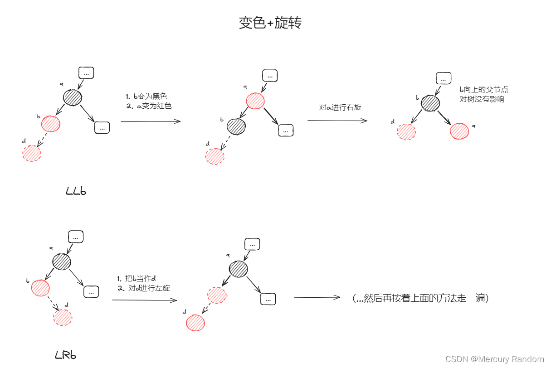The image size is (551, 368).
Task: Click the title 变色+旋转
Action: tap(270, 23)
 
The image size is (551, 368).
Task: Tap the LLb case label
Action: tap(76, 191)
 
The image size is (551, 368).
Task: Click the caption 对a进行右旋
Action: tap(340, 107)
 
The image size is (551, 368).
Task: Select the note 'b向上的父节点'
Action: tap(484, 90)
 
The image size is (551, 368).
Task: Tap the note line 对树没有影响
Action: tap(482, 99)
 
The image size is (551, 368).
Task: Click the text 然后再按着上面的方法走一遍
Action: tap(420, 298)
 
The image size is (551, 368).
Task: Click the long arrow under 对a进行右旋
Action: tap(337, 121)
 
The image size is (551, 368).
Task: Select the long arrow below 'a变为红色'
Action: tap(150, 121)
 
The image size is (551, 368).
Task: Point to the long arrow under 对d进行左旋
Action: tap(144, 300)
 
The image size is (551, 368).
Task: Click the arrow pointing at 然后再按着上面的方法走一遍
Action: tap(317, 297)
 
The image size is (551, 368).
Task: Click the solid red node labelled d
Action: tap(195, 323)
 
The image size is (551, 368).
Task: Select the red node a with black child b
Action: tap(255, 101)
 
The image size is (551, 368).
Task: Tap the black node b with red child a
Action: tap(430, 103)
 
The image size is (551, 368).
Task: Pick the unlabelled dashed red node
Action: tap(217, 295)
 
